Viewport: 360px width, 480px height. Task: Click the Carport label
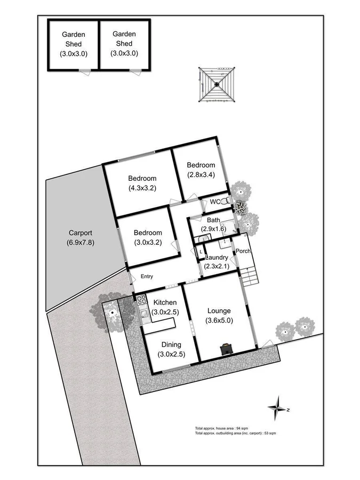pos(81,233)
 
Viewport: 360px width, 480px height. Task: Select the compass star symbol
pos(277,410)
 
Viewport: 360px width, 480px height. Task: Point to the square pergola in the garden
pos(216,84)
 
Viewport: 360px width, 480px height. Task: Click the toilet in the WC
pos(227,202)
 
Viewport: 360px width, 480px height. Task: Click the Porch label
pos(243,251)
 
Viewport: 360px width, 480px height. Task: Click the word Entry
pos(147,276)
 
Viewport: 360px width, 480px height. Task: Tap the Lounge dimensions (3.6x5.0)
pos(219,321)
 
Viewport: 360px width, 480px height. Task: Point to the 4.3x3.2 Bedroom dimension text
pos(142,188)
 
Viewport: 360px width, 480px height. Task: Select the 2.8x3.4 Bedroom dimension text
pos(201,174)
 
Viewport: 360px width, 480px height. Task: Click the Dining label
pos(170,345)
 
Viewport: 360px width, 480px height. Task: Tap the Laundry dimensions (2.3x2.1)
pos(216,267)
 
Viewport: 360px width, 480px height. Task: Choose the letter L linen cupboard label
pos(201,252)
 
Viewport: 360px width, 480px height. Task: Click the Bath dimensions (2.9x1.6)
pos(214,229)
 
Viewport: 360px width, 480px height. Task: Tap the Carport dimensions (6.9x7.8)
pos(81,243)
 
